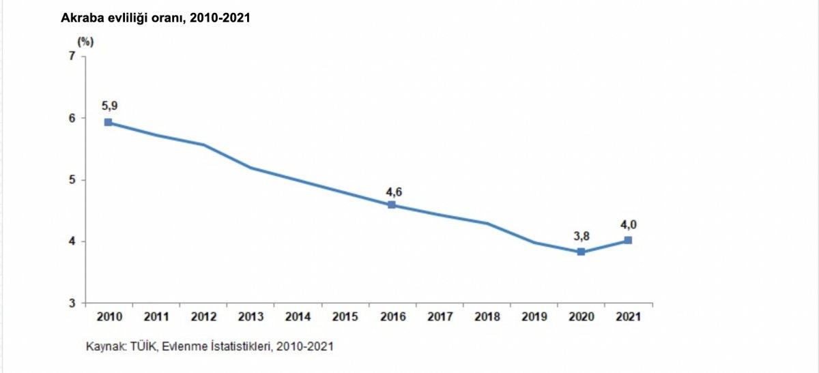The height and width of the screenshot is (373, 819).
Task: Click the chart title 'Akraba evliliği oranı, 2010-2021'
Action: (156, 18)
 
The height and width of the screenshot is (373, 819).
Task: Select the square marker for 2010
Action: (109, 123)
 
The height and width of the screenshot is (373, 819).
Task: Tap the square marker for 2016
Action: (392, 205)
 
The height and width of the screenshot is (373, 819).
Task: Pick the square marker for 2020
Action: (581, 252)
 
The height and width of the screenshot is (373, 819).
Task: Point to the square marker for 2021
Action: (628, 240)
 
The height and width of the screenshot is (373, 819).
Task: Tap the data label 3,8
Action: (581, 236)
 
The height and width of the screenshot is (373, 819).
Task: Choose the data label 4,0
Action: (629, 224)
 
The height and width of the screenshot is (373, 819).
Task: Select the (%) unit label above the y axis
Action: (85, 41)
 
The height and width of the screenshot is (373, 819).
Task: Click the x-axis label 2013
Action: (250, 317)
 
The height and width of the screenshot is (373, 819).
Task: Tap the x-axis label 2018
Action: (487, 317)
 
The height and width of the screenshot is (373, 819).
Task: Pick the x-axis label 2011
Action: (156, 317)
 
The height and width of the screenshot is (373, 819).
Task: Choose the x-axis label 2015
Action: (345, 317)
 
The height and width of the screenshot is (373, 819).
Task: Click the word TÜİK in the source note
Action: (143, 346)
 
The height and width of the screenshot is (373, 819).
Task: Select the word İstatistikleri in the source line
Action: (246, 346)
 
